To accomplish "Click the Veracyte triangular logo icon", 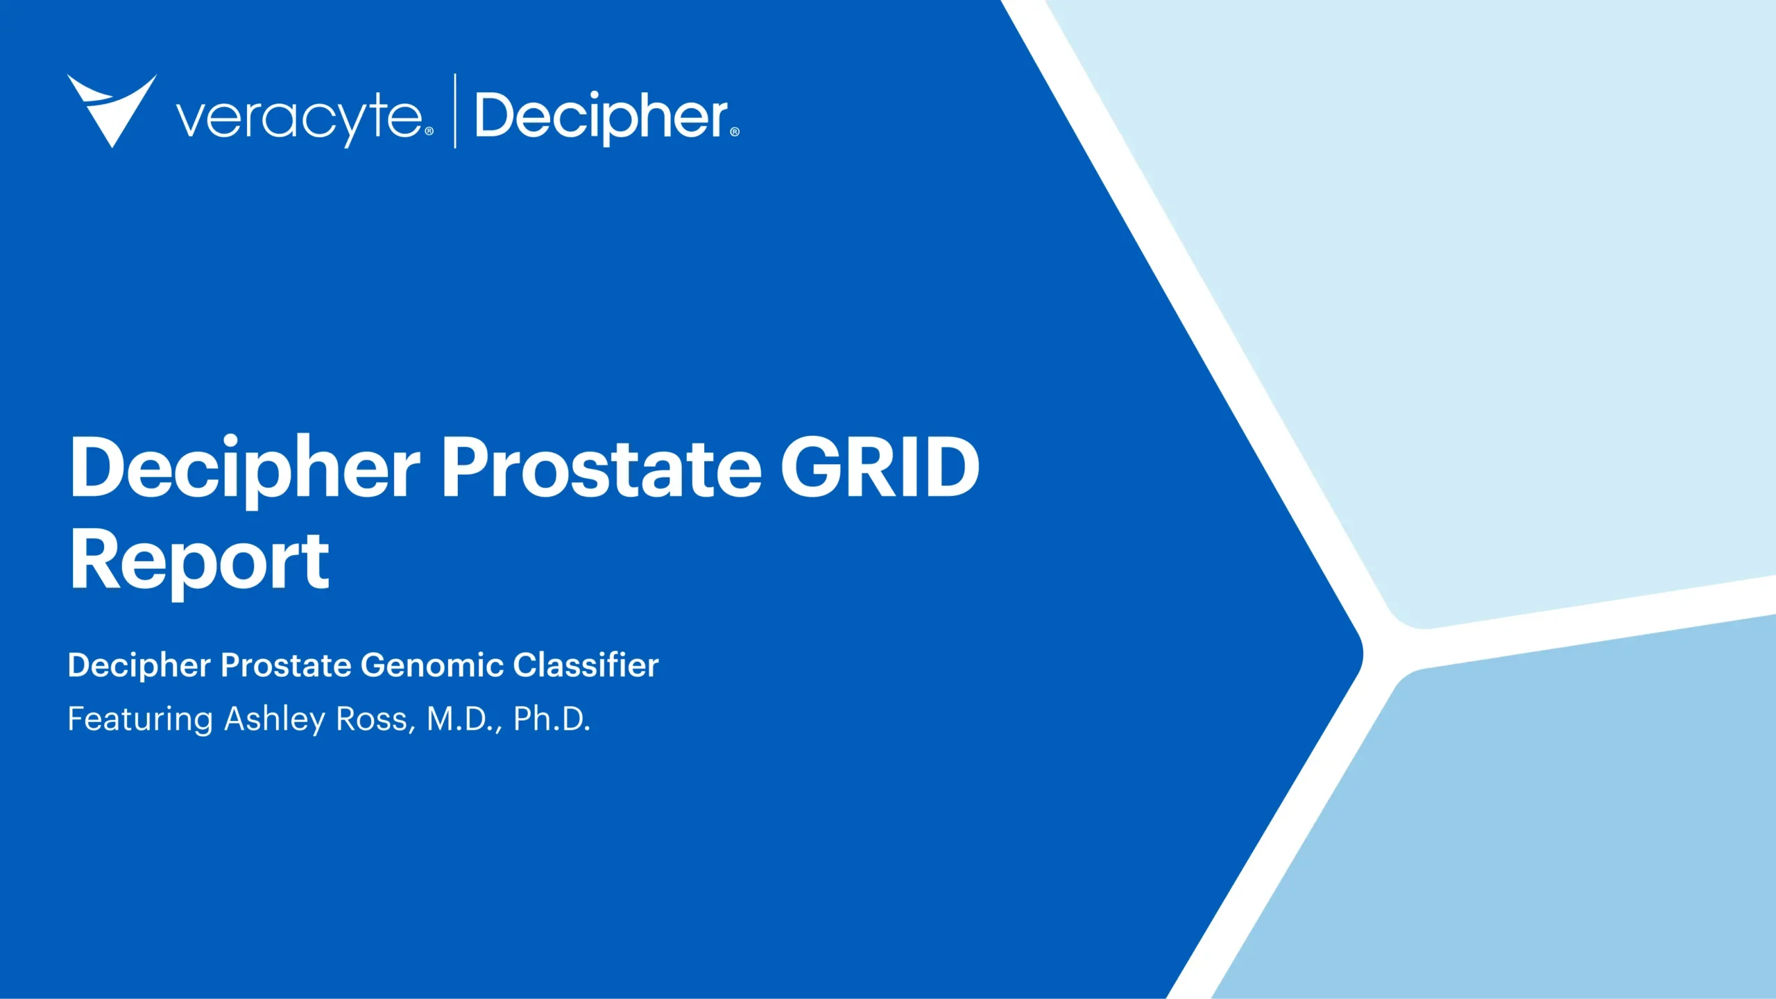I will [112, 108].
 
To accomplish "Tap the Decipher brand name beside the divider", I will [601, 117].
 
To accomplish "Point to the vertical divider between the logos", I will [455, 111].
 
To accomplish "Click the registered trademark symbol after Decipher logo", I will [735, 132].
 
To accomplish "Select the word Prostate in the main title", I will [601, 468].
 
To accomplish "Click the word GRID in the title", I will [880, 468].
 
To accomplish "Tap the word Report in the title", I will [199, 561].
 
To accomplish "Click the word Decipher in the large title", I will [244, 468].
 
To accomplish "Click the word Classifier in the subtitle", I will [586, 665].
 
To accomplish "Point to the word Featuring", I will [139, 719].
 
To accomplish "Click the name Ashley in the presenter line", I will [275, 719].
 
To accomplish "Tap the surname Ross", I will [375, 719].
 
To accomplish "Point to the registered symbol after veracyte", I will [429, 131].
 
